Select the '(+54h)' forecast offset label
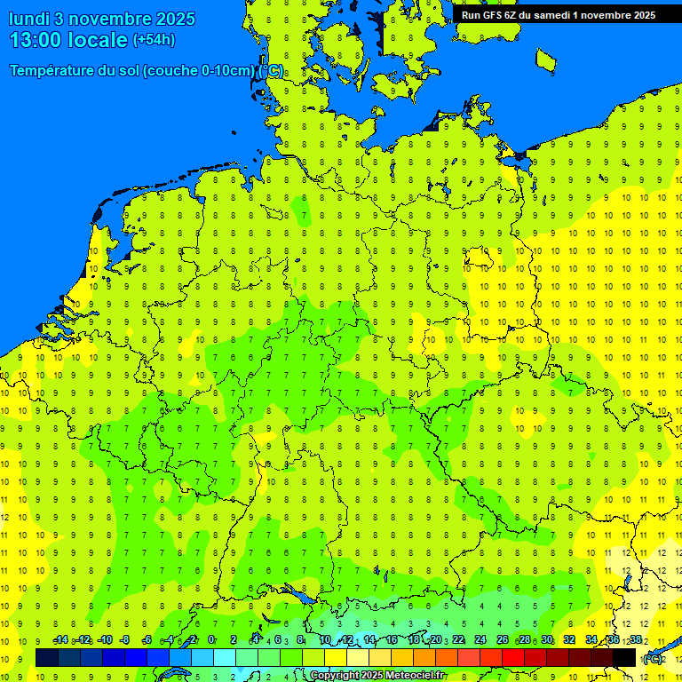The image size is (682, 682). click(x=154, y=40)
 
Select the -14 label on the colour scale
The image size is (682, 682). click(x=60, y=640)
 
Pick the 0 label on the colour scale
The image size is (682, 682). click(x=211, y=640)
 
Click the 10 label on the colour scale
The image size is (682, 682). click(x=325, y=640)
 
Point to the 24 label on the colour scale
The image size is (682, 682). click(x=480, y=640)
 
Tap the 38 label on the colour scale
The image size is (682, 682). click(x=635, y=640)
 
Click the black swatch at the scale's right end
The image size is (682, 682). click(x=624, y=657)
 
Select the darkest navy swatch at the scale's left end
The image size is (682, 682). click(x=47, y=657)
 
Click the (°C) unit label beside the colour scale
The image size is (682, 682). click(x=652, y=658)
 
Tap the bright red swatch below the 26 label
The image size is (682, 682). click(x=513, y=657)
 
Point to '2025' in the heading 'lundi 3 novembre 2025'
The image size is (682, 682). click(x=176, y=19)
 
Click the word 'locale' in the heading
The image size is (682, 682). click(x=99, y=40)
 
